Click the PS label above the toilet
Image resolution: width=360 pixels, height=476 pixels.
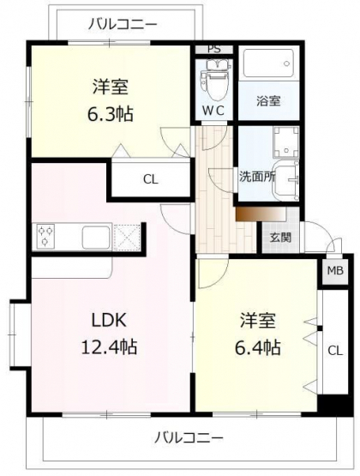point(214,49)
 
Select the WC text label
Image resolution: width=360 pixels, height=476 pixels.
point(213,111)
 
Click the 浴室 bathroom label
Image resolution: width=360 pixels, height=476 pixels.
point(268,100)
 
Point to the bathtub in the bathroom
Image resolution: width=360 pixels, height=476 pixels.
point(269,63)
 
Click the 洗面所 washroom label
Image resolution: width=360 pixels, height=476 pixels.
point(257,177)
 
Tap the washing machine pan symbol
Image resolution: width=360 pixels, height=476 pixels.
point(285,142)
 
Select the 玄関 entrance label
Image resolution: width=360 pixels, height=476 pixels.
point(280,238)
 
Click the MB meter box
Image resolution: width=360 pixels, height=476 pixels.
point(335,270)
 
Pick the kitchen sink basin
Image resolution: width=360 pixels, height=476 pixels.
point(97,237)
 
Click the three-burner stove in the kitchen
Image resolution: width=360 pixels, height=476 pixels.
point(45,237)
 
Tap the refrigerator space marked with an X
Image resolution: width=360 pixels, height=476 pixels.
point(127,238)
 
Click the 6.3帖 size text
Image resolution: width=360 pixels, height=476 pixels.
point(110,114)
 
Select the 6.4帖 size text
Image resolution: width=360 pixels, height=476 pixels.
point(258,348)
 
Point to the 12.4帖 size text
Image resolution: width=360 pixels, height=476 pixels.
point(109,347)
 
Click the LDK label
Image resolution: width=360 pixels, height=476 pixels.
point(109,320)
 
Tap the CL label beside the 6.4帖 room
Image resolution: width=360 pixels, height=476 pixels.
point(335,351)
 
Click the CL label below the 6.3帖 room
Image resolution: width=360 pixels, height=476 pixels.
point(151,180)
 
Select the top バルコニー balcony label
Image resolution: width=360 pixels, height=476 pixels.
point(123,24)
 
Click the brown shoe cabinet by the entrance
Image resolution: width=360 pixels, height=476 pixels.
point(261,214)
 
